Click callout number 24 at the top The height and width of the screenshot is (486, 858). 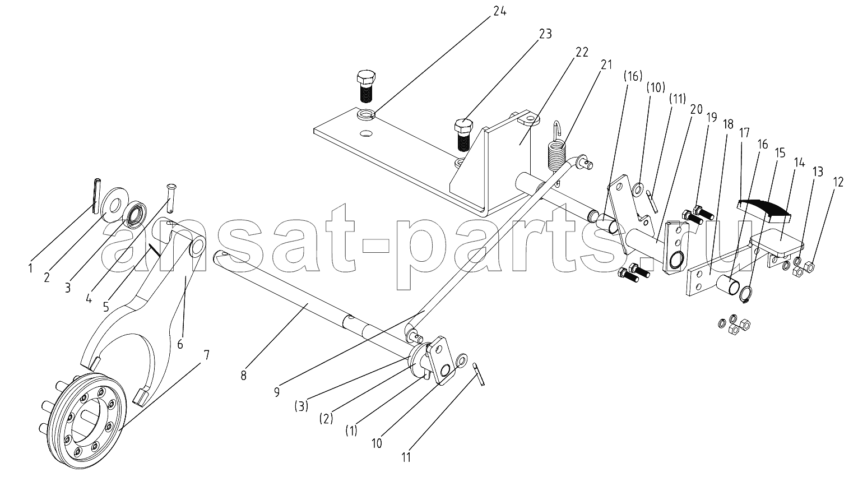(x=499, y=11)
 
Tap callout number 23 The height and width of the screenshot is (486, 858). (x=545, y=34)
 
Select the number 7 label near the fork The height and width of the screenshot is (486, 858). (x=206, y=355)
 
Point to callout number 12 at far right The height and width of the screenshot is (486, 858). (x=838, y=182)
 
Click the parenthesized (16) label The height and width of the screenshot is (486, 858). (x=632, y=77)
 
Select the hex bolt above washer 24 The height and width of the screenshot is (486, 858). (x=366, y=86)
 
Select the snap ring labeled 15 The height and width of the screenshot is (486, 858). (x=746, y=294)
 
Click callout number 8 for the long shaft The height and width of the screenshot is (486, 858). (x=244, y=376)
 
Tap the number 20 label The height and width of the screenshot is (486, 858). (x=696, y=110)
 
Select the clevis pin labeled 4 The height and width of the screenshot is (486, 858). (x=171, y=198)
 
